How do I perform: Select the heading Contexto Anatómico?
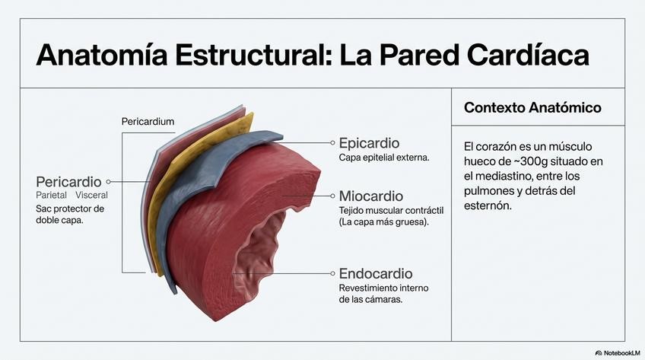pos(532,108)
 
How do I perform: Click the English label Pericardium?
pos(148,122)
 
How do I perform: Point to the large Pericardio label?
pos(68,182)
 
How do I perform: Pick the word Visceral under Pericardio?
pos(92,196)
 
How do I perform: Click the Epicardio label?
pos(369,143)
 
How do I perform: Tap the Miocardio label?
pos(370,196)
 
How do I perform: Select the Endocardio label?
pos(376,273)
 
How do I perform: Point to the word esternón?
pos(491,206)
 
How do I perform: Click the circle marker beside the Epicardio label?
pos(332,142)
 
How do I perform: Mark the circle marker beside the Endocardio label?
pos(332,272)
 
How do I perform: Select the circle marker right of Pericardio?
pos(109,182)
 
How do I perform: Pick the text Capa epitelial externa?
pos(384,158)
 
